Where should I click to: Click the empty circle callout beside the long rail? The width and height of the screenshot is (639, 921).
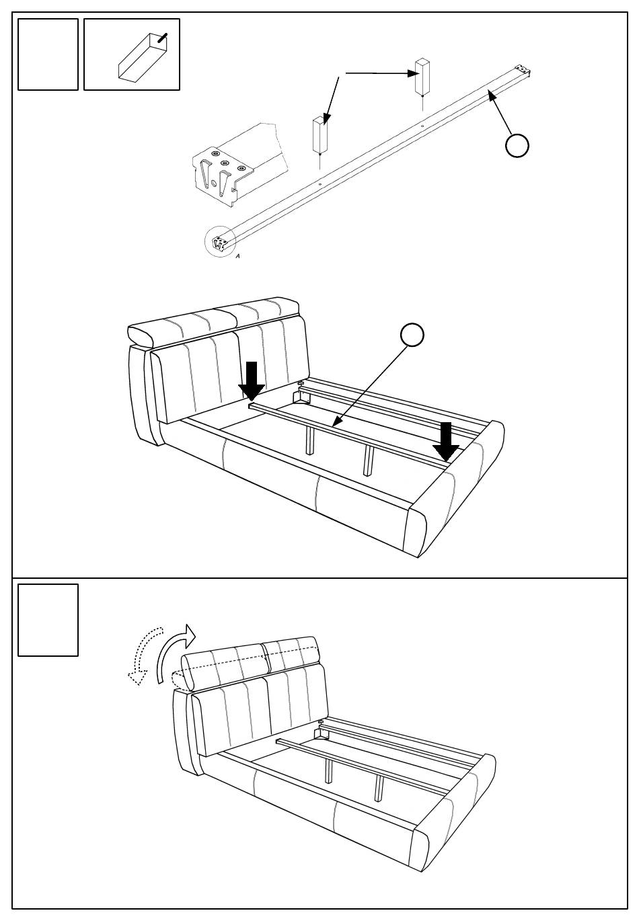(x=517, y=145)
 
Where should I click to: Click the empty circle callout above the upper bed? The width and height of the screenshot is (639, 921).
(x=413, y=335)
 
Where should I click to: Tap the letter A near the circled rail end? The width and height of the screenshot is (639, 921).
(x=237, y=256)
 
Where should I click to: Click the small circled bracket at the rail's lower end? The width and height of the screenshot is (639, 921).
(x=219, y=243)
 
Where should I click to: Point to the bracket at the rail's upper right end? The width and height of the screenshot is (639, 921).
(x=523, y=69)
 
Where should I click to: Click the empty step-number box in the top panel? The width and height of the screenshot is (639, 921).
(x=48, y=54)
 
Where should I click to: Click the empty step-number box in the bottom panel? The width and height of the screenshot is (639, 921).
(x=48, y=620)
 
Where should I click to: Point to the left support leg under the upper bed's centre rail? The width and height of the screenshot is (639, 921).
(x=309, y=444)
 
